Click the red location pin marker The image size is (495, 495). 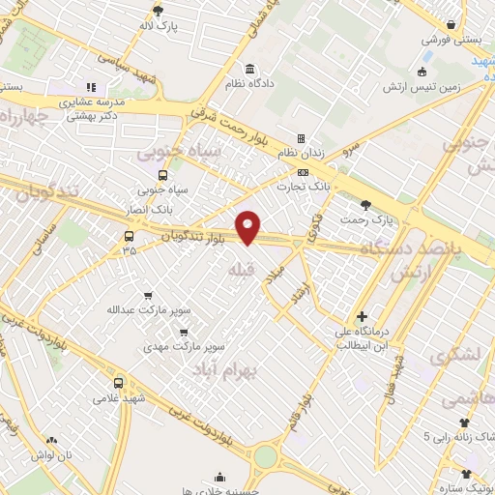coord(249,227)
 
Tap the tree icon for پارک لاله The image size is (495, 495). coord(157,11)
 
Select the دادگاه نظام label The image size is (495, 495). coord(251,84)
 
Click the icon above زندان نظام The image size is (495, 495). coord(301,138)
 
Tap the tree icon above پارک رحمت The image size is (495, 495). coord(365,204)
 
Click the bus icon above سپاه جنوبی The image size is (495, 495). coord(161,176)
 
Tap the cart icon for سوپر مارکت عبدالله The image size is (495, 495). coord(148,295)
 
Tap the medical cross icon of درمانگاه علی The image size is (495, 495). coord(362,316)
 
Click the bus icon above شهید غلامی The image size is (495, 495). coord(119,382)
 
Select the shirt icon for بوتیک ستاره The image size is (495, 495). coord(468,474)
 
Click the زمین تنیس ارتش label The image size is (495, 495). coord(447,86)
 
